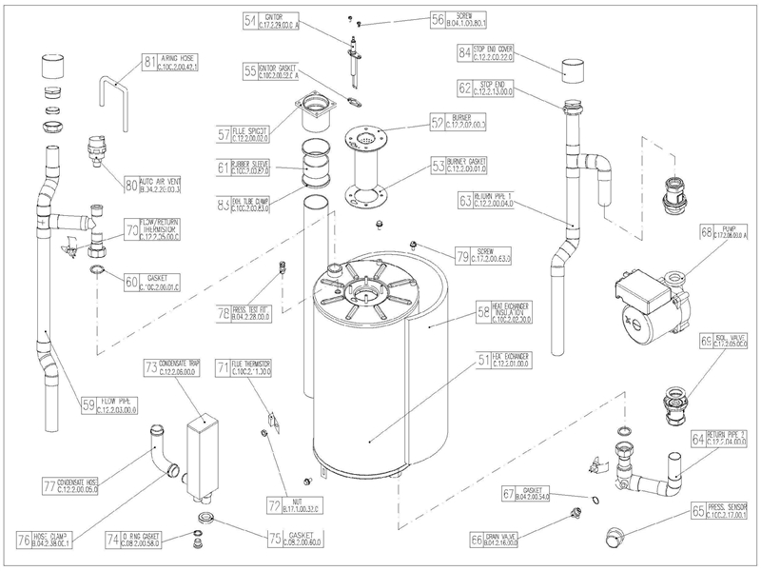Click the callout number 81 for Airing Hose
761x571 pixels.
pos(149,63)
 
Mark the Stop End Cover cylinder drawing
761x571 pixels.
pos(573,72)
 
